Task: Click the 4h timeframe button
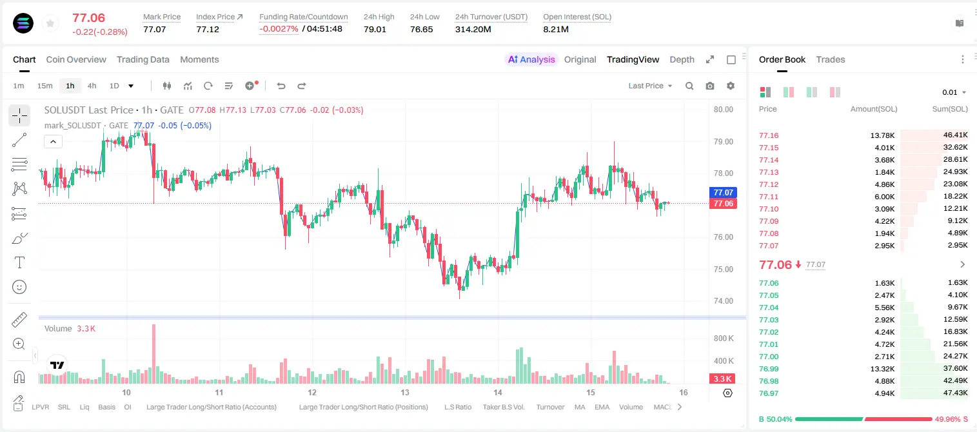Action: click(92, 86)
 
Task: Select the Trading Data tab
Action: click(143, 59)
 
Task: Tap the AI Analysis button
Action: click(531, 59)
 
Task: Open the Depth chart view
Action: click(682, 59)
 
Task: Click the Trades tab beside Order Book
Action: click(831, 59)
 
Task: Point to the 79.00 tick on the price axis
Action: click(723, 142)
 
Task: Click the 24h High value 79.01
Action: click(375, 29)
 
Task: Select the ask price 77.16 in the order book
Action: click(769, 135)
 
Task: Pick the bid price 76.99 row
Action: click(769, 369)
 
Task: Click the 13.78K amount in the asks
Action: click(882, 135)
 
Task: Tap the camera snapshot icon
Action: click(710, 86)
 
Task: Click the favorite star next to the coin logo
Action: click(50, 23)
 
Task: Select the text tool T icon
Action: click(19, 262)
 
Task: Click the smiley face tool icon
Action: click(19, 287)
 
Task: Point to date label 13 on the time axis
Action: click(405, 392)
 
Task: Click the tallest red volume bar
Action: click(153, 353)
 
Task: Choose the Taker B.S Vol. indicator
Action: click(503, 407)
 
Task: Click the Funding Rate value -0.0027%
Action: click(279, 29)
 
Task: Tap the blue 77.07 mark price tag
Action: click(723, 192)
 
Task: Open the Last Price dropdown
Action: click(650, 86)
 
